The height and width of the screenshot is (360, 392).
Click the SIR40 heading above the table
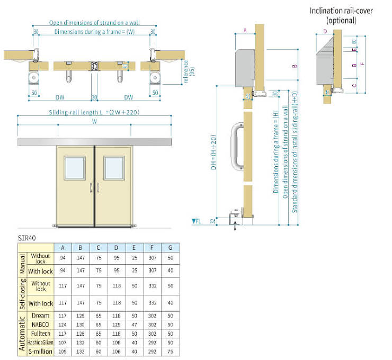[26, 238]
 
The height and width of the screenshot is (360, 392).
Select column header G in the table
[170, 248]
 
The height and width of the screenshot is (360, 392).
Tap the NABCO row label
[40, 325]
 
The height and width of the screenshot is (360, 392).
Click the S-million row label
[40, 351]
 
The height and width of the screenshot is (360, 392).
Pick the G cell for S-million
[170, 352]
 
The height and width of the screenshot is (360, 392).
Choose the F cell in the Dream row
[152, 316]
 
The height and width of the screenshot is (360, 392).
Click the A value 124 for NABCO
[63, 325]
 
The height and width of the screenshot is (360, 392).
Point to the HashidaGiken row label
[40, 342]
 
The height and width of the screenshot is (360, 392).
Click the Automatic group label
[22, 334]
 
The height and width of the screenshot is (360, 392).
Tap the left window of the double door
[75, 168]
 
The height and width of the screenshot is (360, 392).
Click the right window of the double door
[114, 168]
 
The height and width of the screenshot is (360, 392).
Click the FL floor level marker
[197, 221]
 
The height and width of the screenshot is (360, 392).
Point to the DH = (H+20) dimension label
[213, 152]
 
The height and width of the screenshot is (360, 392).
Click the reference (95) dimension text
[189, 71]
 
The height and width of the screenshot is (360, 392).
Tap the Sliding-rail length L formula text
[94, 112]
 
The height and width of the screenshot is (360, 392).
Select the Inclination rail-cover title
[341, 15]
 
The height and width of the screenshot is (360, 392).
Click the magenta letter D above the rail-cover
[325, 31]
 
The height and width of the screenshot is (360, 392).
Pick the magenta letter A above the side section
[245, 31]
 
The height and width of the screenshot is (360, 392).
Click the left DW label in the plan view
[60, 97]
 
